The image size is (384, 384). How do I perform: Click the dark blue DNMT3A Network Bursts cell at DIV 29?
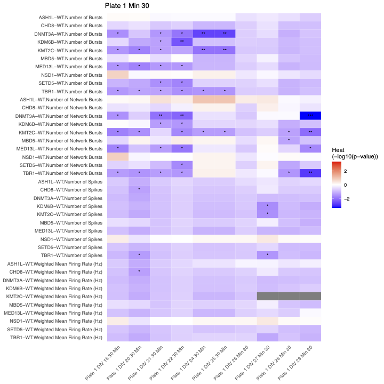coord(310,116)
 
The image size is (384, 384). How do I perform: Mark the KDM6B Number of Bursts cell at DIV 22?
coord(182,42)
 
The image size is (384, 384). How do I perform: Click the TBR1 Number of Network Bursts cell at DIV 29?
coord(310,173)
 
